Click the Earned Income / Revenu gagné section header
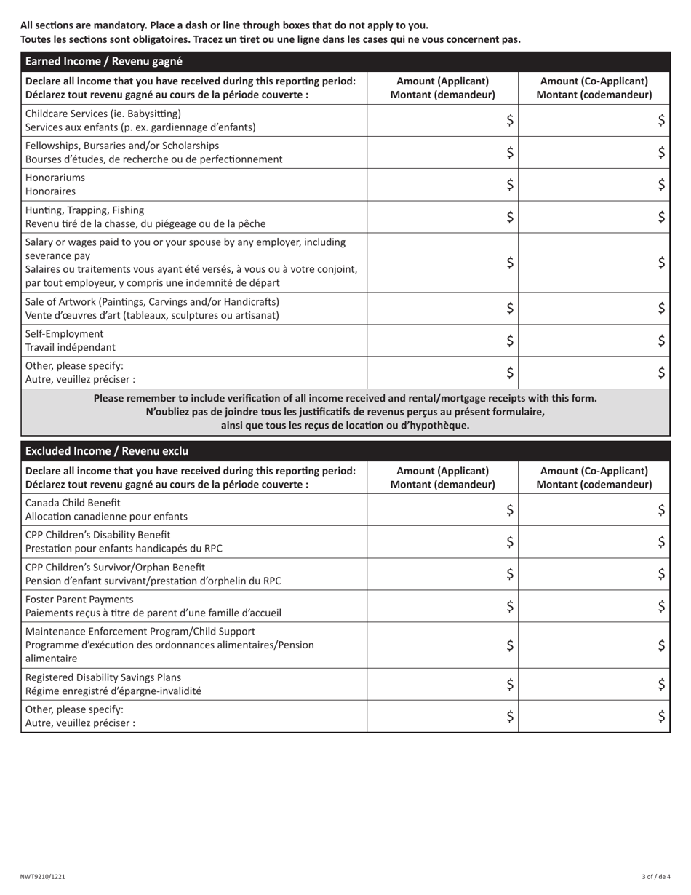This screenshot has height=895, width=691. (x=104, y=62)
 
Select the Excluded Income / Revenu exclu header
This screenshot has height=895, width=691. (x=107, y=451)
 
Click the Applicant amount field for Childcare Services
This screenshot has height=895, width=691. (x=442, y=121)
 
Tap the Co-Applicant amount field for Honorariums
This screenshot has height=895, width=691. (x=594, y=185)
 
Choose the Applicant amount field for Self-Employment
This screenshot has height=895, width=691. (x=442, y=341)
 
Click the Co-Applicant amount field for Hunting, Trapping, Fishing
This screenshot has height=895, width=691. (x=594, y=217)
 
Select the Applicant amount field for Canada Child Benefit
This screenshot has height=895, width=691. (x=442, y=510)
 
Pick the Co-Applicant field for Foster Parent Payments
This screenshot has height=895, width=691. (x=594, y=606)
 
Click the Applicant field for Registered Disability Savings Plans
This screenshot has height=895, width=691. (x=442, y=684)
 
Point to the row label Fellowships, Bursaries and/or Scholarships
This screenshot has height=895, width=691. (x=122, y=146)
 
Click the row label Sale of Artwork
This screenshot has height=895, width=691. (x=152, y=301)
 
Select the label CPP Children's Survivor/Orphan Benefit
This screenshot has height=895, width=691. (x=115, y=567)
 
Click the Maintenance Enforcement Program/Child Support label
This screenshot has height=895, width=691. (x=140, y=631)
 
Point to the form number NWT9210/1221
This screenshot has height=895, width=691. (x=43, y=877)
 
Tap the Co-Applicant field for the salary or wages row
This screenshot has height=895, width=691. (x=594, y=263)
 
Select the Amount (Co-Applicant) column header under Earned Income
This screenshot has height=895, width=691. (x=594, y=88)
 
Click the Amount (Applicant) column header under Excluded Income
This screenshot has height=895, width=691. (x=442, y=477)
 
